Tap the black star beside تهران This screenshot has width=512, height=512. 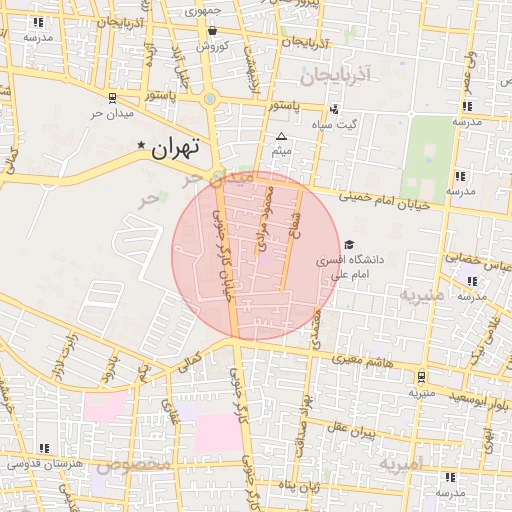142,146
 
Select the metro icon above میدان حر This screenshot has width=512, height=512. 112,98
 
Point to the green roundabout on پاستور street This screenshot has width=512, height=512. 209,99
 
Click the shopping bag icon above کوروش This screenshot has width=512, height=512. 212,31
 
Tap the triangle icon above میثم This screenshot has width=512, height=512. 281,137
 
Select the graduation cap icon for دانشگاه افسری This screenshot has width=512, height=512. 349,244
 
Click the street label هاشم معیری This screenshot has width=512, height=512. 360,358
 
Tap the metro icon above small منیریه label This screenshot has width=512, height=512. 420,377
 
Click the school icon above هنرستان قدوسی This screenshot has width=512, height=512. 42,448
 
